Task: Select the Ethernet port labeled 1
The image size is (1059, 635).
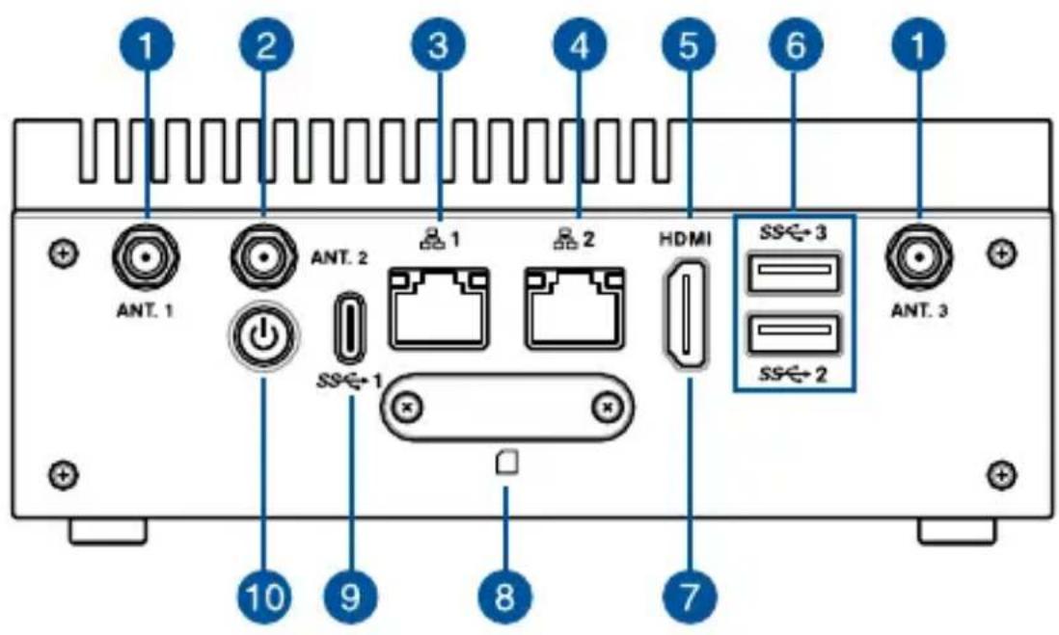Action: [440, 307]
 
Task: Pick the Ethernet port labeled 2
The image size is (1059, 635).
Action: [576, 307]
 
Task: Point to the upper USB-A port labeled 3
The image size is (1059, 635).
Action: [795, 272]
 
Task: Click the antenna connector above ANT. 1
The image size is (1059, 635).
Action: [146, 257]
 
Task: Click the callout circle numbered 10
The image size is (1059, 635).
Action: [264, 596]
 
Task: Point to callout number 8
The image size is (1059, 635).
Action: [505, 596]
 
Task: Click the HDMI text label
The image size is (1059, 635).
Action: [685, 239]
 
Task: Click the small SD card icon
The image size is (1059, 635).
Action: [507, 463]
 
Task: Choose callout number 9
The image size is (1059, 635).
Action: [351, 596]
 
